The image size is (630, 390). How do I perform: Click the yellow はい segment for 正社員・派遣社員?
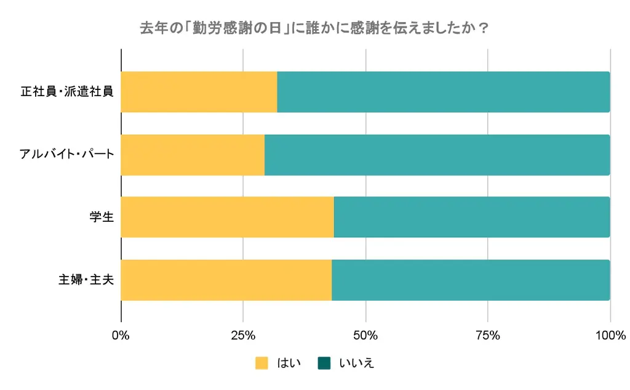tap(199, 92)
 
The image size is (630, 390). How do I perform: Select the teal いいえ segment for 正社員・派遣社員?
tap(443, 92)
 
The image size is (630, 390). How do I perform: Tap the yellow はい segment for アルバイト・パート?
tap(193, 155)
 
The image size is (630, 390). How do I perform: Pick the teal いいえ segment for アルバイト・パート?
tap(437, 155)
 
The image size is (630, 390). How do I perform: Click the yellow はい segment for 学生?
tap(227, 217)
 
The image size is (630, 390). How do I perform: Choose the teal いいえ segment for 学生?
tap(471, 217)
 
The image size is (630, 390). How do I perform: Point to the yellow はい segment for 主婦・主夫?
tap(226, 280)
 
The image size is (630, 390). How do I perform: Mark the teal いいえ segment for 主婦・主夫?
tap(471, 280)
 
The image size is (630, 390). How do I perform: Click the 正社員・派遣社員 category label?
tap(67, 92)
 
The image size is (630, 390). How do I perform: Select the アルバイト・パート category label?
tap(67, 155)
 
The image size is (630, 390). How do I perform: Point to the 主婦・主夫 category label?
tap(86, 280)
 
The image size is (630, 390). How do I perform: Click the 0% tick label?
tap(121, 336)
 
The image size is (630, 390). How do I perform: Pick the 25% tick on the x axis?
tap(243, 336)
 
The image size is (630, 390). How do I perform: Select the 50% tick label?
tap(365, 336)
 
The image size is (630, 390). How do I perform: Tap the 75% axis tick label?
tap(488, 336)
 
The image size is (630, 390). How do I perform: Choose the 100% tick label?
tap(610, 336)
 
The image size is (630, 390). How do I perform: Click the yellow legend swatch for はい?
tap(262, 364)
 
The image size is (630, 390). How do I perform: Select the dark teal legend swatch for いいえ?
tap(324, 364)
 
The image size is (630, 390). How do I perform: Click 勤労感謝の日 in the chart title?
tap(237, 29)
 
